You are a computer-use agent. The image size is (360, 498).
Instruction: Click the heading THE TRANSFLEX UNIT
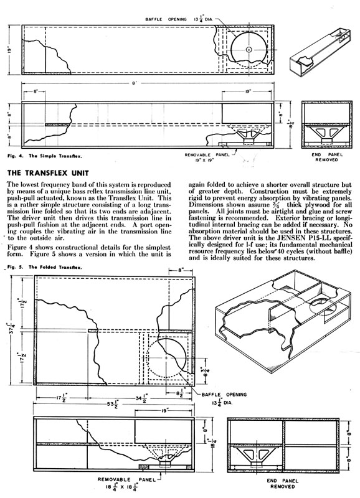click(48, 173)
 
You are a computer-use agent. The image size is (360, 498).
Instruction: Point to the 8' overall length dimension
click(135, 83)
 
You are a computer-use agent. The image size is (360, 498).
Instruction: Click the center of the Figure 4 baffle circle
click(249, 49)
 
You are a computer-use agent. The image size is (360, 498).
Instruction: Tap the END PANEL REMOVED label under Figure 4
click(326, 157)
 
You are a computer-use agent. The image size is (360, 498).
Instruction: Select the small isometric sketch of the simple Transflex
click(320, 53)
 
